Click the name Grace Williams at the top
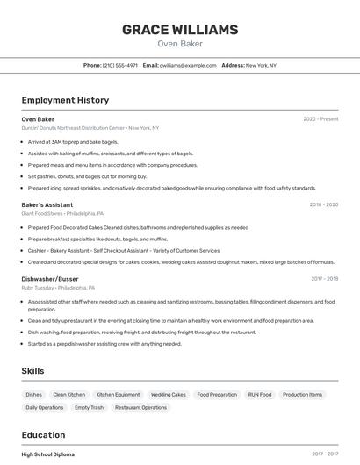click(179, 30)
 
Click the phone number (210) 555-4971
click(119, 65)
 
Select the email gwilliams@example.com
click(187, 65)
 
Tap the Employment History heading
click(65, 100)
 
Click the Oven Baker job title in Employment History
click(38, 119)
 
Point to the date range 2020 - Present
click(320, 119)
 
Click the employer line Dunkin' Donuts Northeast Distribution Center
click(90, 128)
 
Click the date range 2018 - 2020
click(323, 204)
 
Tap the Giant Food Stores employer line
click(62, 213)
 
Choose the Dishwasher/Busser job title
click(50, 279)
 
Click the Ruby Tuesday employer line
click(58, 288)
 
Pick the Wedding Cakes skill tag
click(168, 395)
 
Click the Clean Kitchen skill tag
click(69, 395)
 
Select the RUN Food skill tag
click(260, 395)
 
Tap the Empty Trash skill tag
click(89, 407)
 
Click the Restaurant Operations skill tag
click(140, 407)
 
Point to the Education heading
click(43, 435)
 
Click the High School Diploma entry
click(47, 454)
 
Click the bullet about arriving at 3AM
click(73, 141)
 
